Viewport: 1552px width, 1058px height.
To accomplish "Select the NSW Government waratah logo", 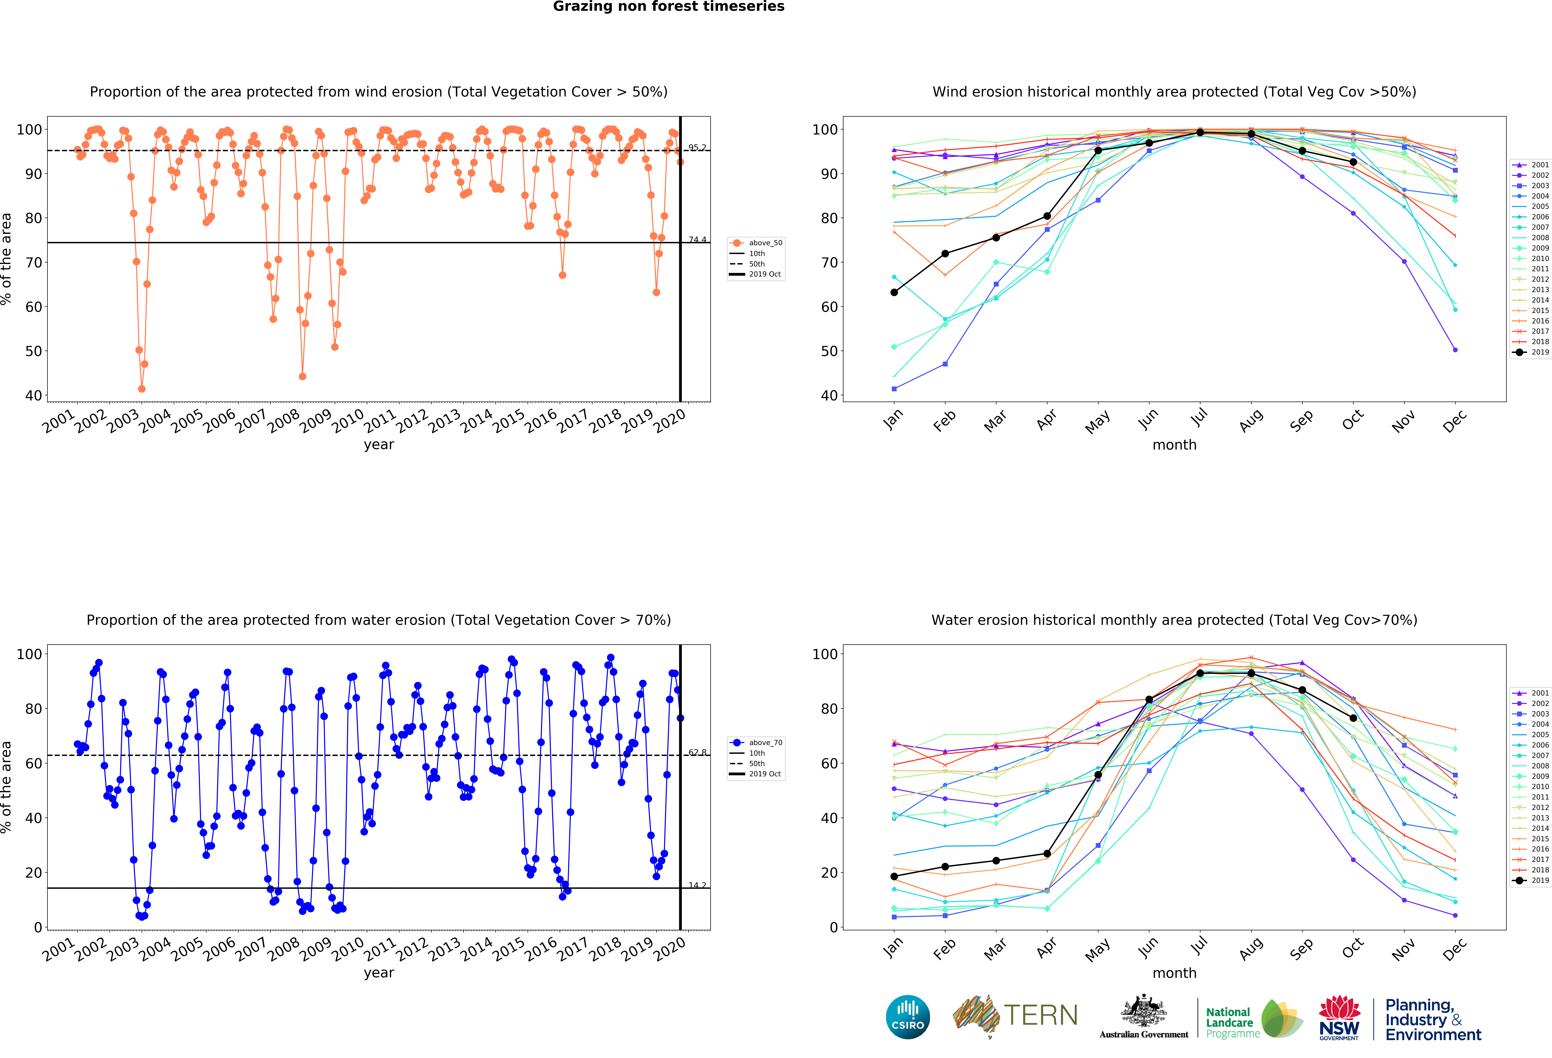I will (1339, 1017).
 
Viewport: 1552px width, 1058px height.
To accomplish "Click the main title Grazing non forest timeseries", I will (668, 7).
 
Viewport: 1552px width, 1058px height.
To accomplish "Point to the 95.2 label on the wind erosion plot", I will (697, 148).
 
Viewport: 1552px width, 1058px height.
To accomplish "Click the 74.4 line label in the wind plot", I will (697, 240).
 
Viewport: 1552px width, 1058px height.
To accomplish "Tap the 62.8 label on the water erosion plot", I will (697, 753).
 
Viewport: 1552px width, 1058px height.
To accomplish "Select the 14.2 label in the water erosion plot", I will (697, 886).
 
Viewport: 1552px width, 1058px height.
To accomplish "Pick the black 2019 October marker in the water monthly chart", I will (1353, 718).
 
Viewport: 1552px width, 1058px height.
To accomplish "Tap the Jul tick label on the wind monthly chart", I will (1199, 417).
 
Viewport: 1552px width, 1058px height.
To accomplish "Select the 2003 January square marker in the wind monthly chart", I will (894, 389).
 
